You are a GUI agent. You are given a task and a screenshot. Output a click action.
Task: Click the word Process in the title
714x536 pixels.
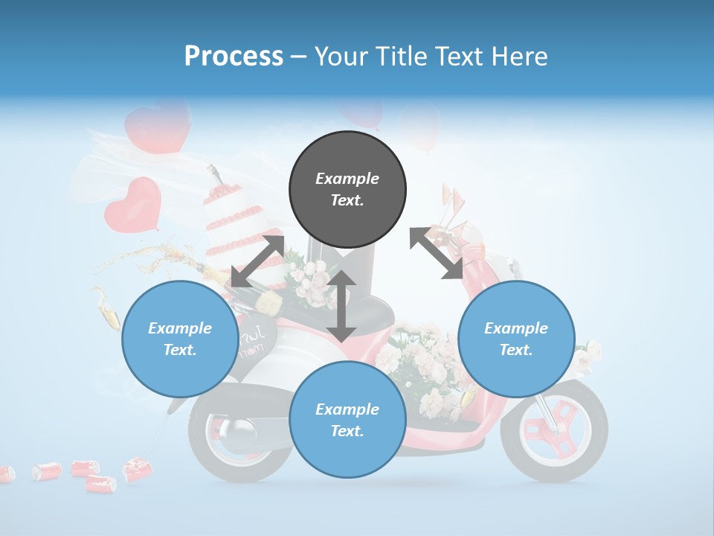point(234,57)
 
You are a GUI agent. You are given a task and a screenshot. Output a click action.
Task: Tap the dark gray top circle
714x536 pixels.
point(347,189)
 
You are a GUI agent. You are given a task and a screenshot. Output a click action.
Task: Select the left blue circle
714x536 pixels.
point(180,339)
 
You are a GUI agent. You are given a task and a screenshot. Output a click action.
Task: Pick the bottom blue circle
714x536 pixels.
point(347,420)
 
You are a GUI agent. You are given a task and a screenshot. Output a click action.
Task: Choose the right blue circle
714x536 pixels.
point(516,339)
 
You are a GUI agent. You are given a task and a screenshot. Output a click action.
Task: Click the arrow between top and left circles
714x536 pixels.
point(257,261)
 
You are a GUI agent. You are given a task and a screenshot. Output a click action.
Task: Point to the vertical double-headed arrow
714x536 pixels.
point(341,306)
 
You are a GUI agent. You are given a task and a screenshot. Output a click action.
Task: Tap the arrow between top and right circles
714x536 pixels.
point(436,253)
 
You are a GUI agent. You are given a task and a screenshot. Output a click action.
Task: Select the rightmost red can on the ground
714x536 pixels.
point(137,468)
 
